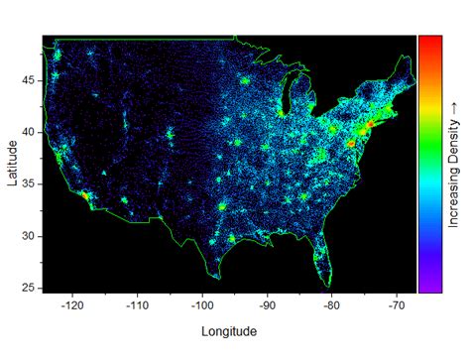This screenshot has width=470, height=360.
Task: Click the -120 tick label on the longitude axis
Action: [71, 306]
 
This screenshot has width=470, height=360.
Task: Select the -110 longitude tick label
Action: [137, 306]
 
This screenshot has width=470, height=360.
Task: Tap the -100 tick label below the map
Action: [202, 306]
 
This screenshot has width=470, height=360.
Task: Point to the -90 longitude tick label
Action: [268, 306]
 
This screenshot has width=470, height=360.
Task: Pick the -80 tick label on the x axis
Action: [332, 306]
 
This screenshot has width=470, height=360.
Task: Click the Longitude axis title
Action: [229, 331]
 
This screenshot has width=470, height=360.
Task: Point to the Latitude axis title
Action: [10, 162]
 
